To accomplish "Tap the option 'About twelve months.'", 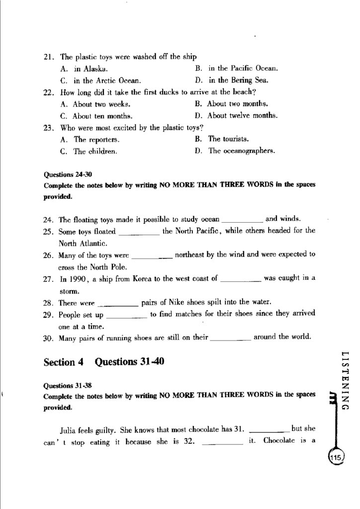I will [242, 116].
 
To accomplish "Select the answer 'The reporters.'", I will [96, 140].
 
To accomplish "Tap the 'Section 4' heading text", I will [63, 362].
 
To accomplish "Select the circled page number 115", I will [337, 457].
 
